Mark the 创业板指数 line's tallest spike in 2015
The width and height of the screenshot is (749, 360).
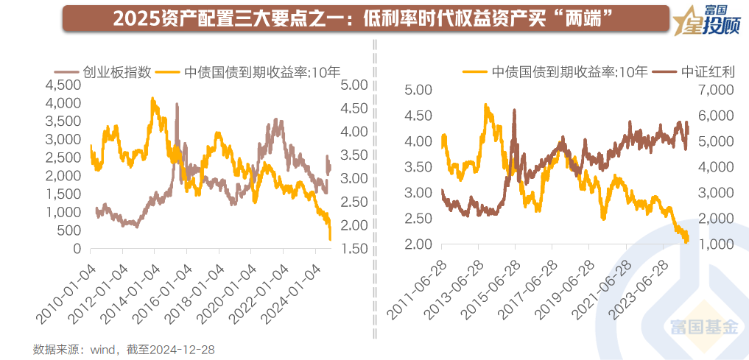[x=177, y=105]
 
